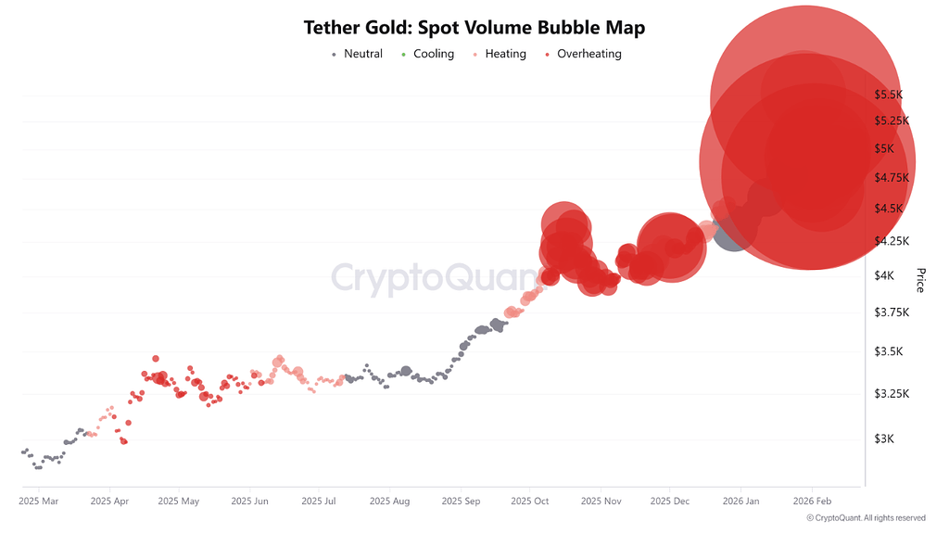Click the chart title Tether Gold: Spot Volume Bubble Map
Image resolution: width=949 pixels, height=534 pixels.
pos(474,28)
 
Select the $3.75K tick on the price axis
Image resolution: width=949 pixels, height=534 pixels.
pos(891,312)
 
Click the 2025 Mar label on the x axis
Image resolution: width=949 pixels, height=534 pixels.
pos(38,502)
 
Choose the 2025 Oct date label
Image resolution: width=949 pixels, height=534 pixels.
pos(528,502)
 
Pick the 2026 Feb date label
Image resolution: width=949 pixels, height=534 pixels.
pos(811,502)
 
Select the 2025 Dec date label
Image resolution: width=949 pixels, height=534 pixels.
pos(669,502)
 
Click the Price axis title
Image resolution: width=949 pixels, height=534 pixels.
pos(920,280)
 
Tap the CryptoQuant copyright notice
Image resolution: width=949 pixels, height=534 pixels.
pos(866,518)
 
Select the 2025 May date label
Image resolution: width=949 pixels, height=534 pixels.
pos(179,502)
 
